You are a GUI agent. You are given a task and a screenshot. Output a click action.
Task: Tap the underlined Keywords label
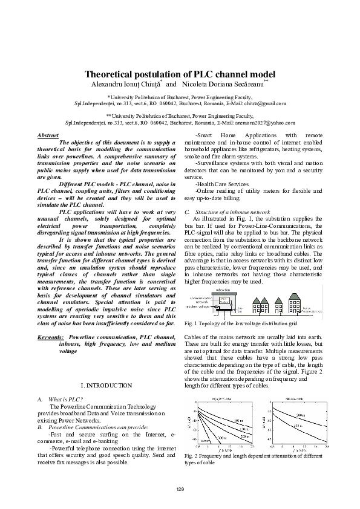click(51, 337)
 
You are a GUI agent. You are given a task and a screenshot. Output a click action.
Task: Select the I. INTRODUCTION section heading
click(106, 385)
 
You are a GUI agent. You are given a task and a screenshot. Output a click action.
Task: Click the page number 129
click(180, 488)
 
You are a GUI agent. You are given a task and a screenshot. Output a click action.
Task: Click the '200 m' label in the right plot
click(301, 415)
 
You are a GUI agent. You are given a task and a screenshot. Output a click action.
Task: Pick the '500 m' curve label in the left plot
click(222, 437)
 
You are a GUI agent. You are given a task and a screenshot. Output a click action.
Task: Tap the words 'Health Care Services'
click(222, 184)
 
